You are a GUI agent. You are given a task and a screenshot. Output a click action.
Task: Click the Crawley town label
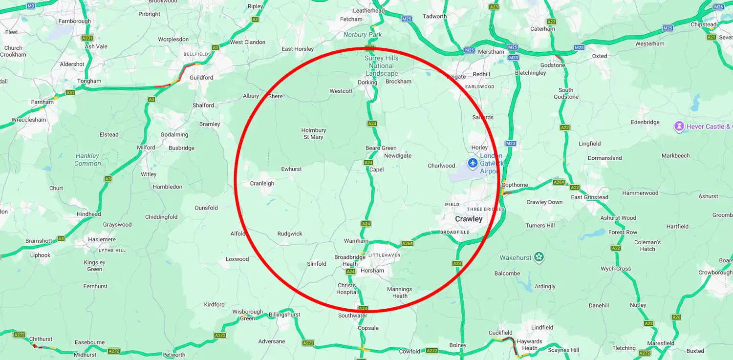pyautogui.click(x=469, y=219)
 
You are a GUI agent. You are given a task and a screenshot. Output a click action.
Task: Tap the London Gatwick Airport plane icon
pyautogui.click(x=472, y=163)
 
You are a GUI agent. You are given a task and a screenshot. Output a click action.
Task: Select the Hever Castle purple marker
pyautogui.click(x=679, y=127)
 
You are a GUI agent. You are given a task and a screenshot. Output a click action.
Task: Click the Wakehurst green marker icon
pyautogui.click(x=539, y=257)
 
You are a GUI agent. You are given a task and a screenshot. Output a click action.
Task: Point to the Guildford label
pyautogui.click(x=201, y=78)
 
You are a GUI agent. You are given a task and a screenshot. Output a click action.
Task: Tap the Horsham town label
pyautogui.click(x=372, y=271)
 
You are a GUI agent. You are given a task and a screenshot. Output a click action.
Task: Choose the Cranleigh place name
pyautogui.click(x=262, y=184)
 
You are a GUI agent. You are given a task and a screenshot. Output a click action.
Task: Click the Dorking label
pyautogui.click(x=367, y=83)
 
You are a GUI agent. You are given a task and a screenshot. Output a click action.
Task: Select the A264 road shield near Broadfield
pyautogui.click(x=407, y=243)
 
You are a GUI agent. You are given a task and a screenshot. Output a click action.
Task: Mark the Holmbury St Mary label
pyautogui.click(x=313, y=134)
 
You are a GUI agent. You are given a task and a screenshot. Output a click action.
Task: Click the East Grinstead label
pyautogui.click(x=589, y=197)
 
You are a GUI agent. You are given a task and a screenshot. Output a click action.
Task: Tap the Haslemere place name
pyautogui.click(x=102, y=240)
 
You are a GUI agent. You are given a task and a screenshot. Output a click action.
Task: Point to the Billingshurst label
pyautogui.click(x=284, y=315)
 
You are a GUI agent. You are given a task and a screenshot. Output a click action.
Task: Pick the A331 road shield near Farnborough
pyautogui.click(x=87, y=38)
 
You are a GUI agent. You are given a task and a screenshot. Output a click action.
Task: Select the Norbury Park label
pyautogui.click(x=363, y=35)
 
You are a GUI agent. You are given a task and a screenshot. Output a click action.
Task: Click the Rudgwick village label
pyautogui.click(x=290, y=234)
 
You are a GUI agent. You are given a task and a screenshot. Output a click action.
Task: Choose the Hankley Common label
pyautogui.click(x=87, y=160)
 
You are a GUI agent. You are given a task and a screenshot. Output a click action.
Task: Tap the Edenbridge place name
pyautogui.click(x=645, y=123)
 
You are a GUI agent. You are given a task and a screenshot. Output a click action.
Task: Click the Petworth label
pyautogui.click(x=173, y=355)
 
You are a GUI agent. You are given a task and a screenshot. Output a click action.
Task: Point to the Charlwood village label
pyautogui.click(x=441, y=166)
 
